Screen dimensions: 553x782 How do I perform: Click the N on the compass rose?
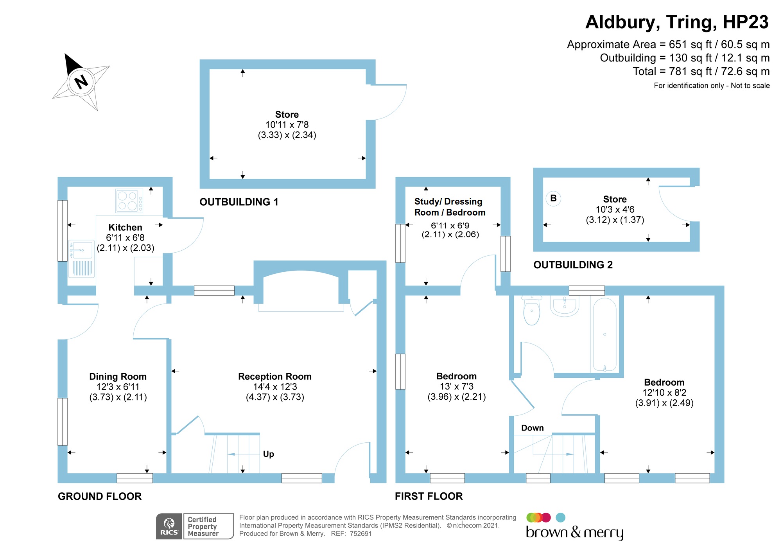coord(81,82)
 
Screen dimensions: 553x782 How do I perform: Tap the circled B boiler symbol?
coord(553,198)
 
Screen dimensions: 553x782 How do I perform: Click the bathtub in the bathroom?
coord(604,334)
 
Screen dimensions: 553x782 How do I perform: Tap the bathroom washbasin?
coord(565,305)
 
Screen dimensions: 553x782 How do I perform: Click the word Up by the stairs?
coord(268,454)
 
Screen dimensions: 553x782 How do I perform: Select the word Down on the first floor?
coord(532,428)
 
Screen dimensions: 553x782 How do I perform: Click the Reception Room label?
coord(275,376)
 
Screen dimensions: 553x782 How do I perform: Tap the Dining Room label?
coord(118,376)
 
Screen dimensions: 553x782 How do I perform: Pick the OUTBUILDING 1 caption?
coord(239,202)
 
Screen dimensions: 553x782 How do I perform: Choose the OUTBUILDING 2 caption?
coord(573,265)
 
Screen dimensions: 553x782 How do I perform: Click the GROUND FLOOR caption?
coord(100,496)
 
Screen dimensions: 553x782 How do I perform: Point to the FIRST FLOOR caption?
coord(429,496)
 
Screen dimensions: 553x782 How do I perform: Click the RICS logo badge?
coord(169,526)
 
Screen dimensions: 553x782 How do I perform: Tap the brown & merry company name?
coord(574,532)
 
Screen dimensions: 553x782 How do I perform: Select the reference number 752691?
coord(361,534)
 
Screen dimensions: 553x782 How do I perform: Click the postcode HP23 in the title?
coord(745,22)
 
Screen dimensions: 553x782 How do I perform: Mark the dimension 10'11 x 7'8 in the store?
coord(287,125)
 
